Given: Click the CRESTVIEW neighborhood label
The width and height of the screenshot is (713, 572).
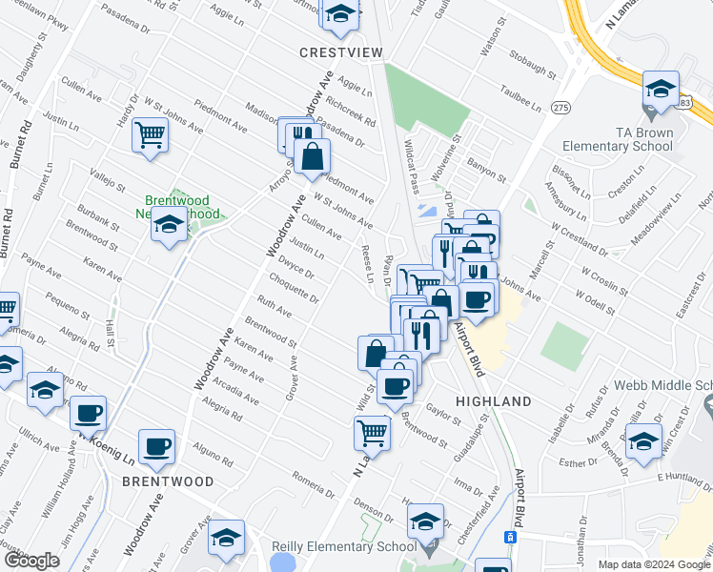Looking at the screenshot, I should point(340,51).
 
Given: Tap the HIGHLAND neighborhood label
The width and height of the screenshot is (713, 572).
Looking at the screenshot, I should point(493,402).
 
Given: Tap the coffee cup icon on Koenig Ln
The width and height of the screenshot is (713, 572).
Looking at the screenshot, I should point(88,414).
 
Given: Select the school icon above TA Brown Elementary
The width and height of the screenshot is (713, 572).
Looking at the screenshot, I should point(660,89).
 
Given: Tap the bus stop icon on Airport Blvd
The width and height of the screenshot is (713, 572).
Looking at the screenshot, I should point(511,538).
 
